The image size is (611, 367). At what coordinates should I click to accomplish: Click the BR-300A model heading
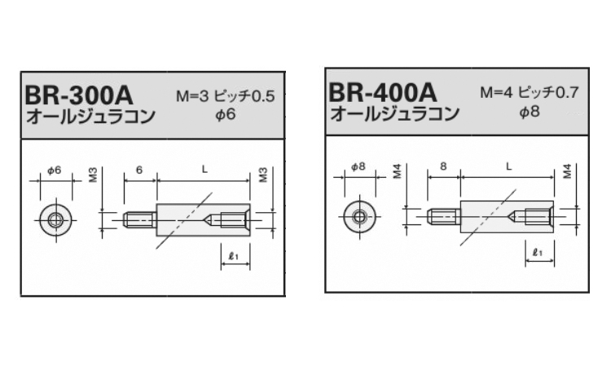pos(79,95)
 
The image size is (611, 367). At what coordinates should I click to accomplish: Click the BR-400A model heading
pos(383,92)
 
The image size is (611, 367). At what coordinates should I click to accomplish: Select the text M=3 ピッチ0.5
pos(226,96)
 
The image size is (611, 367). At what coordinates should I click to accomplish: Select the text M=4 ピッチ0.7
pos(530,92)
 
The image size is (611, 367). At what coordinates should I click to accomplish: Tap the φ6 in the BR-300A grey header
pos(226,115)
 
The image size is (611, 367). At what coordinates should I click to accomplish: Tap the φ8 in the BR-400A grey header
pos(530,112)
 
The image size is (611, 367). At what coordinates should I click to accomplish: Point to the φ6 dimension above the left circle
pos(54,170)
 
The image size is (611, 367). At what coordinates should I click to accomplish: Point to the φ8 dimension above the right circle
pos(358,166)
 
